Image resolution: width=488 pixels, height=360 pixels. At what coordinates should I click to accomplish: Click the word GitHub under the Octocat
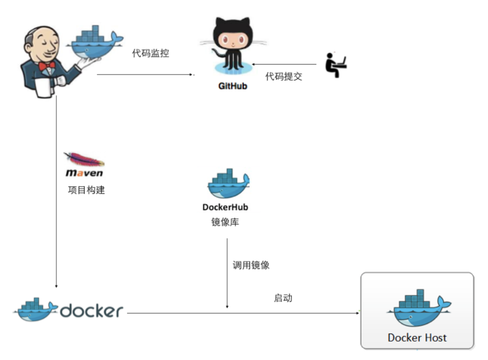(232, 86)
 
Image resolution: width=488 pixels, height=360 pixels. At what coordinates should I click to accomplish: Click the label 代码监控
(150, 53)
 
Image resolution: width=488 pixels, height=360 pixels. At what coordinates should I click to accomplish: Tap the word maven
(84, 173)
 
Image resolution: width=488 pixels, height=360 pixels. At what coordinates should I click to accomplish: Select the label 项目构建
(86, 190)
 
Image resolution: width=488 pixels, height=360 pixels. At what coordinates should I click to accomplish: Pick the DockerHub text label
(225, 207)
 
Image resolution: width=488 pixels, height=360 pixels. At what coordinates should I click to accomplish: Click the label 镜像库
(225, 222)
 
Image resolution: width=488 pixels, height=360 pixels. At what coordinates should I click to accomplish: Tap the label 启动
(283, 298)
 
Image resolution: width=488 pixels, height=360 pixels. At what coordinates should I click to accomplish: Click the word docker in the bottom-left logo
(91, 311)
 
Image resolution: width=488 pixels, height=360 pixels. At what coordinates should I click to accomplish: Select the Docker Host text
(417, 338)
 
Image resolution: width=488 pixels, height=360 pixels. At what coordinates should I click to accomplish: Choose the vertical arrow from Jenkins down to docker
(56, 192)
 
